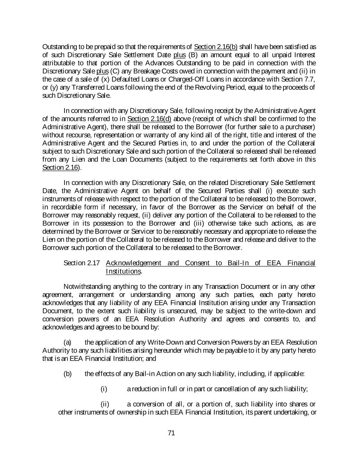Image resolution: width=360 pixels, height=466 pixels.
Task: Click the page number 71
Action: (x=171, y=433)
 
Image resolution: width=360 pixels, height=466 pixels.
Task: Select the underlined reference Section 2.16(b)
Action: (x=215, y=47)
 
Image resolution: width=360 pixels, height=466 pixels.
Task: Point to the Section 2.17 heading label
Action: (x=82, y=263)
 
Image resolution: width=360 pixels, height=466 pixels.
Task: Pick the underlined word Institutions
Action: (x=123, y=271)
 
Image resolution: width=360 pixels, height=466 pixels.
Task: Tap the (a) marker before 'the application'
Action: (x=68, y=342)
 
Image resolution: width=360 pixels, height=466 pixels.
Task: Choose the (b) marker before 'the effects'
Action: (x=68, y=374)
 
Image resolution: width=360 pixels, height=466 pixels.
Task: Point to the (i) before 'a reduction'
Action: (x=104, y=389)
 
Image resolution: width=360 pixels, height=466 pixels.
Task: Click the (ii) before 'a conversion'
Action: (x=105, y=405)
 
